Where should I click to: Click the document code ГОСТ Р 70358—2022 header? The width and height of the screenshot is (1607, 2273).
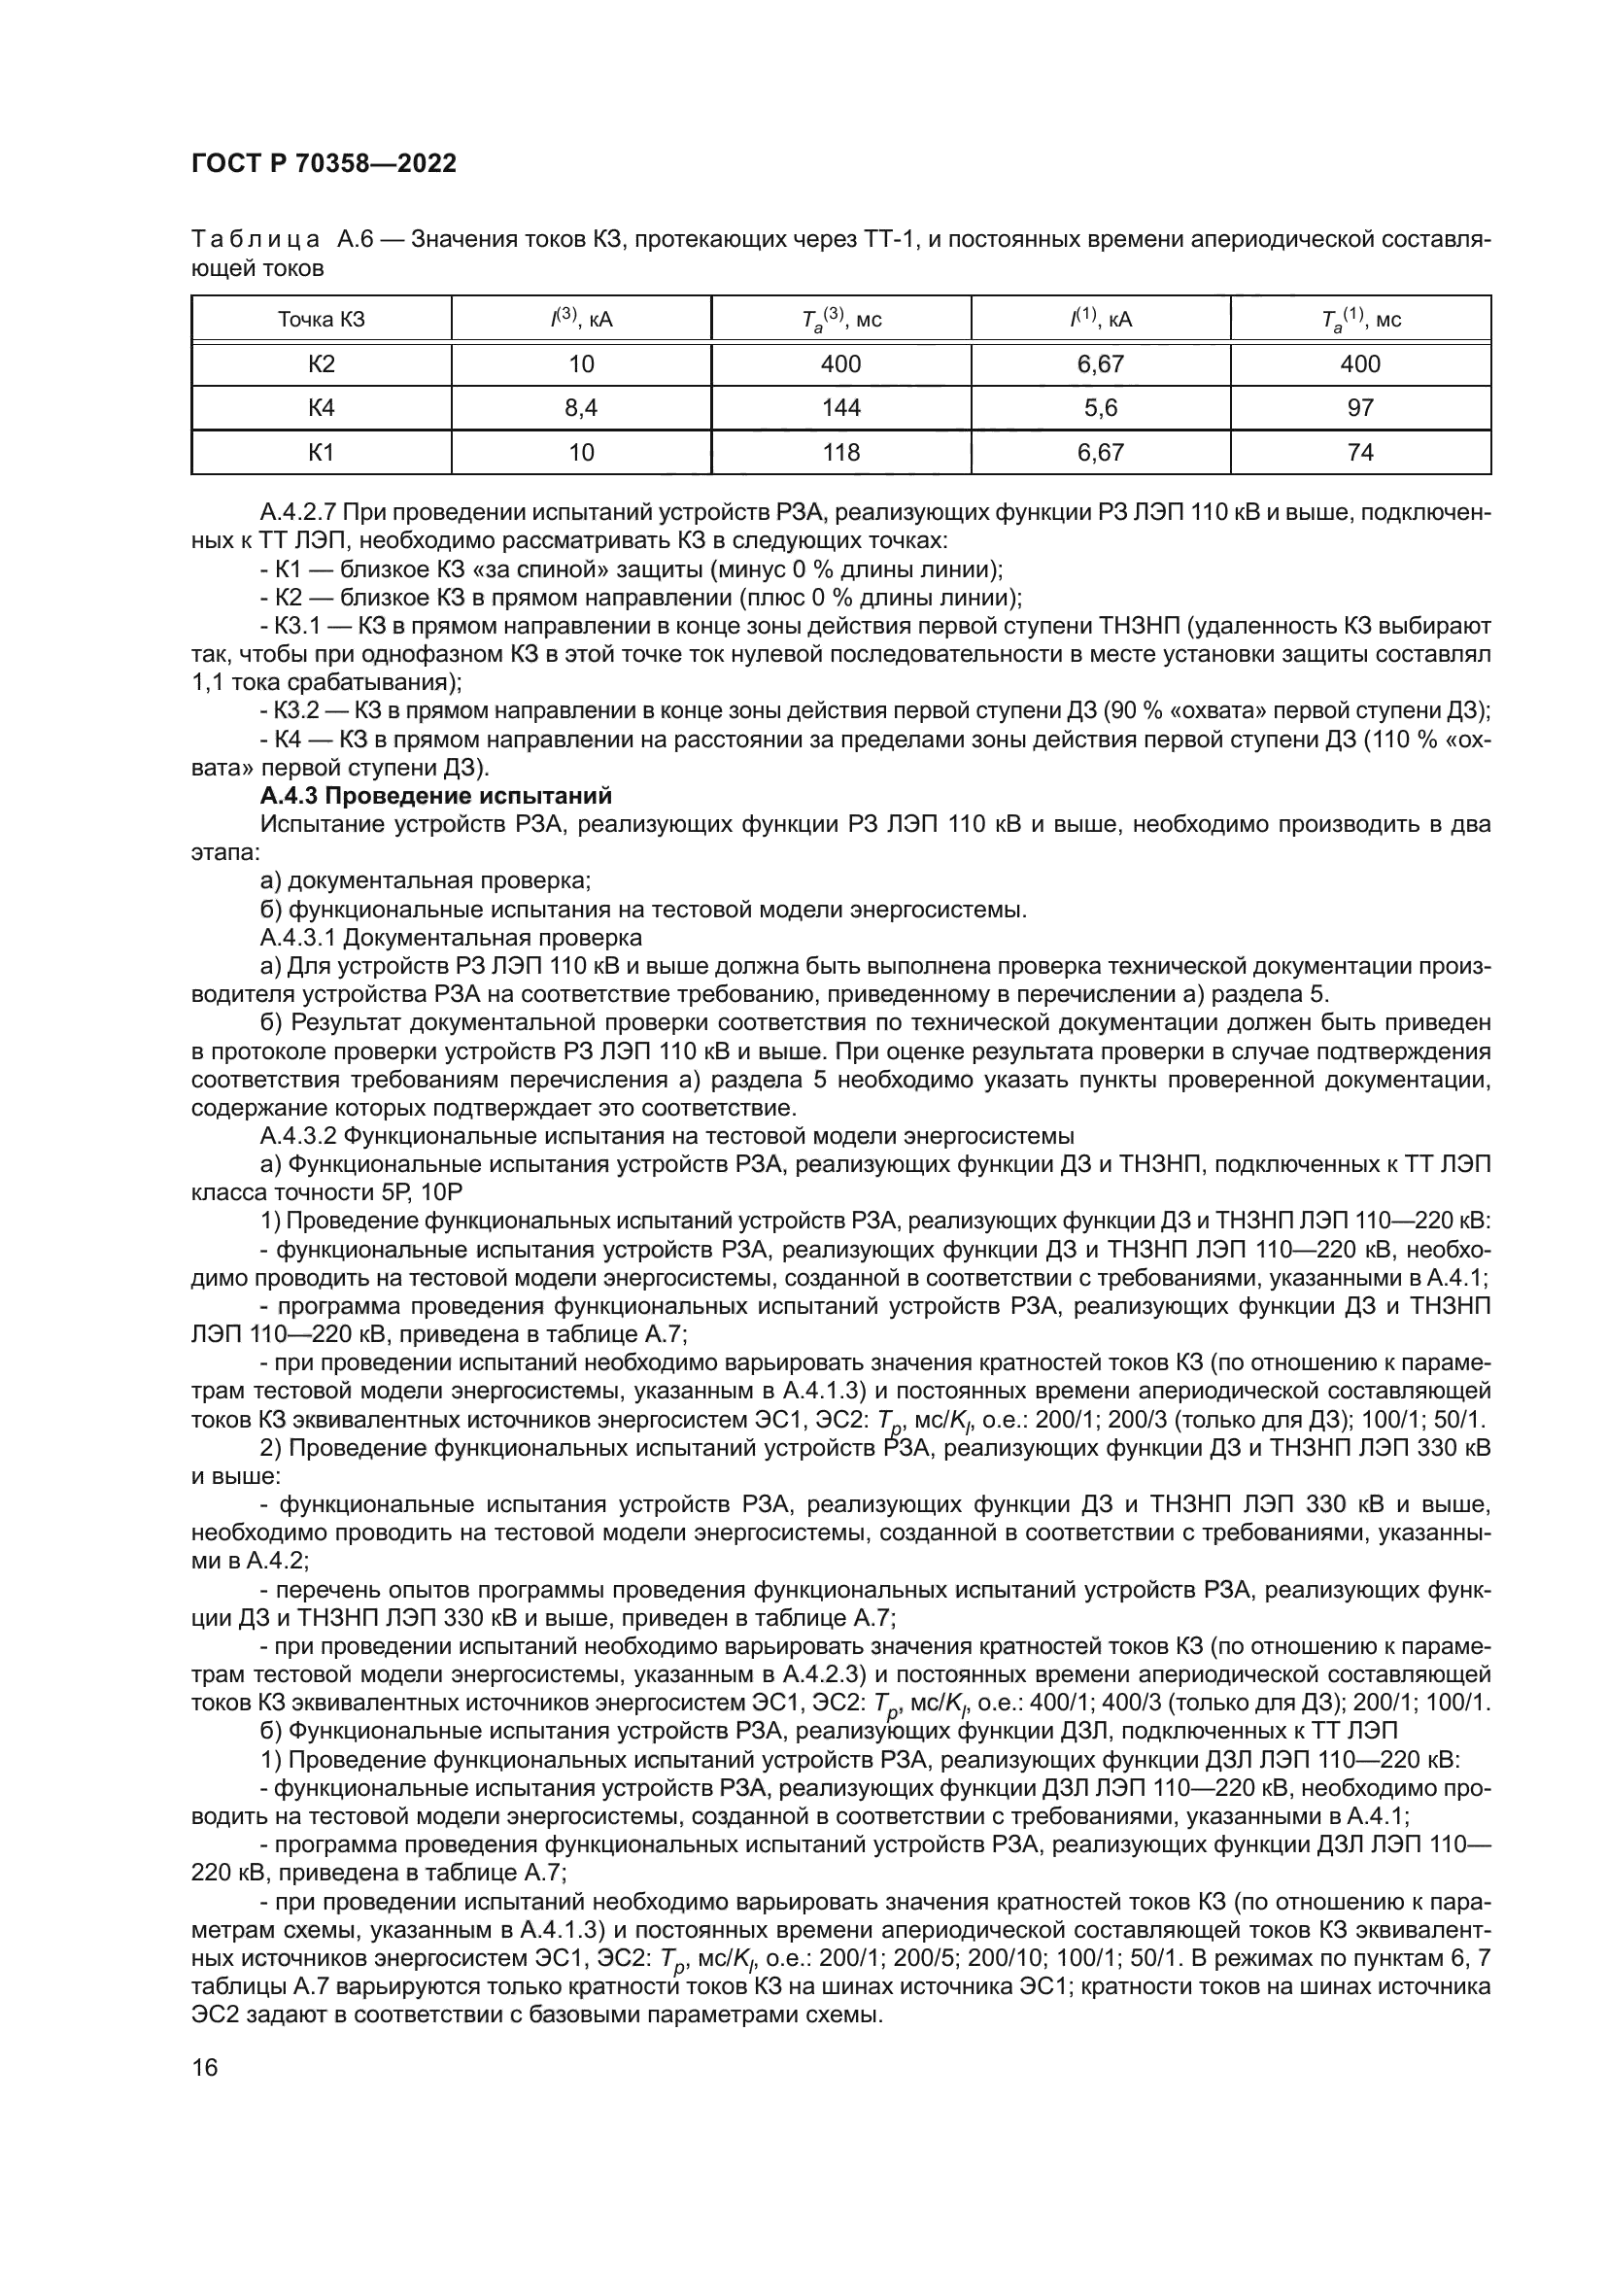pyautogui.click(x=324, y=164)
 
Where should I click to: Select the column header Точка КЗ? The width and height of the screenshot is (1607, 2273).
pyautogui.click(x=322, y=320)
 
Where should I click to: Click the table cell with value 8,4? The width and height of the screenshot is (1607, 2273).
pyautogui.click(x=581, y=408)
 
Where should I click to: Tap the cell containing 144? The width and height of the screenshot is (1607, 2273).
pyautogui.click(x=841, y=408)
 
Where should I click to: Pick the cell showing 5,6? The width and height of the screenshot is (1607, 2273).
pyautogui.click(x=1101, y=408)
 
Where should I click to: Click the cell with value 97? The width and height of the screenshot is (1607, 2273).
pyautogui.click(x=1360, y=408)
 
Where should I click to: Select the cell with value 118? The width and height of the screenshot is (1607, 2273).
pyautogui.click(x=841, y=453)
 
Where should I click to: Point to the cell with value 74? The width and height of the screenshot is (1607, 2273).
pyautogui.click(x=1360, y=453)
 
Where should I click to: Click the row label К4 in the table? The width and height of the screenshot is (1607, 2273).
pyautogui.click(x=322, y=408)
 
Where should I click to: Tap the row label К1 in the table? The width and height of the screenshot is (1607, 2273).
pyautogui.click(x=322, y=453)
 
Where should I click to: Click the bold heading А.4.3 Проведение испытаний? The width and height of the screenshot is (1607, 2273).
pyautogui.click(x=435, y=796)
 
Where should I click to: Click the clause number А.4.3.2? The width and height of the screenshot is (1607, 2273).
pyautogui.click(x=299, y=1135)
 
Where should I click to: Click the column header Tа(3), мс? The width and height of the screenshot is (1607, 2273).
pyautogui.click(x=841, y=320)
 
